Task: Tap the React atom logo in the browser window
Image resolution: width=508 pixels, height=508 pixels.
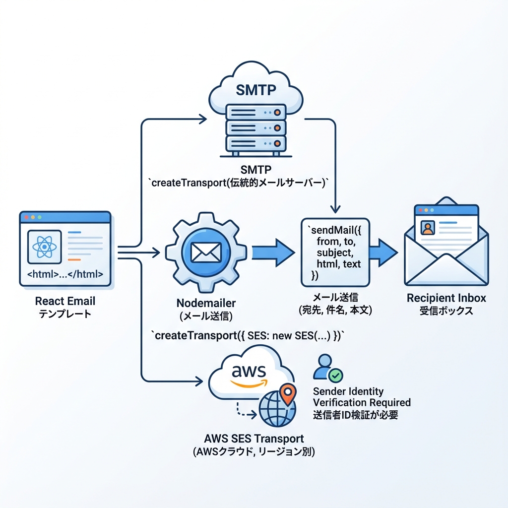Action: (45, 246)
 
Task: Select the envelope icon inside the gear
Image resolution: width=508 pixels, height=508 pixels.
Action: (205, 251)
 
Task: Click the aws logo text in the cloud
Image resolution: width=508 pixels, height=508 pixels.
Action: (249, 371)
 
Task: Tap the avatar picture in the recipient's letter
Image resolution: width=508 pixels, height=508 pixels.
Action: (427, 228)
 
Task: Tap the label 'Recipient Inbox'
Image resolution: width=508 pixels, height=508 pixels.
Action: (446, 298)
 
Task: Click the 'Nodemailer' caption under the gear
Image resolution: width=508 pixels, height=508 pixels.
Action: (205, 303)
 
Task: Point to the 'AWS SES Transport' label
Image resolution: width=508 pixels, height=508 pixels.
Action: (254, 439)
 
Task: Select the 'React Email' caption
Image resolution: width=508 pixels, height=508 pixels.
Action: (65, 301)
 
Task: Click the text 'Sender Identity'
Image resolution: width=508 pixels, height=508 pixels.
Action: (348, 392)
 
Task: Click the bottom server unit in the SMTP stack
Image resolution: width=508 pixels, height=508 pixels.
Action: (255, 143)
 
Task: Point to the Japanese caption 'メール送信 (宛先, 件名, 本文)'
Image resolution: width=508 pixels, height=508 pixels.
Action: (335, 305)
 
